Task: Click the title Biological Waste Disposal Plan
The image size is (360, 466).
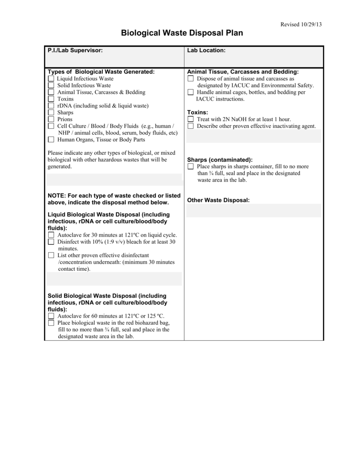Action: click(x=182, y=33)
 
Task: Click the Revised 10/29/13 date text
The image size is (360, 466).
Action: click(x=301, y=24)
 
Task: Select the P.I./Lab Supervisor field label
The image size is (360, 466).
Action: click(x=75, y=51)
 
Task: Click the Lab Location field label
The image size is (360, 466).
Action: click(x=206, y=51)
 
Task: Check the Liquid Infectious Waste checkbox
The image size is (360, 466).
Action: click(x=51, y=79)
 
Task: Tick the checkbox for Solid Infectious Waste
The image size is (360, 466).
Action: click(x=51, y=86)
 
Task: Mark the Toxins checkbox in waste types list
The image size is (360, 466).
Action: click(x=51, y=99)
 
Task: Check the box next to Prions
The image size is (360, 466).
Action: click(x=51, y=119)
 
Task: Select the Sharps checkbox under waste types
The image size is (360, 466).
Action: click(x=51, y=112)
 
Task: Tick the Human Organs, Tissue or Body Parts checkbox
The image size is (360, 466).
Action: click(x=51, y=140)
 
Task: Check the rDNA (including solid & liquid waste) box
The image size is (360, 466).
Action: click(x=51, y=106)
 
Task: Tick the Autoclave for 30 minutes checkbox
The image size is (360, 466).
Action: click(x=51, y=235)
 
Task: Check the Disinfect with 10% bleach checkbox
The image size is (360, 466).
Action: click(x=51, y=242)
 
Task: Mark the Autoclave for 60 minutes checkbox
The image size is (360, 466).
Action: click(x=51, y=316)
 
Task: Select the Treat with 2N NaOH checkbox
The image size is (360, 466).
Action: click(x=191, y=119)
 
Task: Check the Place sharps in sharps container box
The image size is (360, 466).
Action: click(x=191, y=167)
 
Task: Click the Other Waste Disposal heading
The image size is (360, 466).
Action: click(x=218, y=200)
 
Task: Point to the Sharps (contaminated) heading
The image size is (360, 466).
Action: click(x=220, y=160)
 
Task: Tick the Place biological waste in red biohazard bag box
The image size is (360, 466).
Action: click(x=51, y=323)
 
